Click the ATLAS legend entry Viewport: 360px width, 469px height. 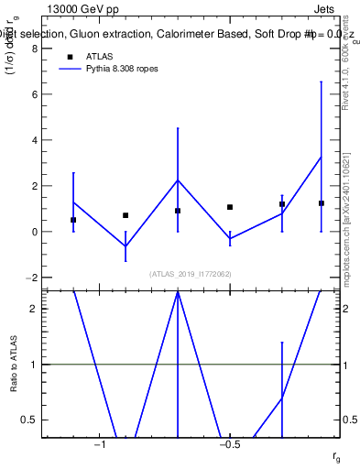pyautogui.click(x=99, y=56)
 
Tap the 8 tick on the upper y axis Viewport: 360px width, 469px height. pyautogui.click(x=34, y=49)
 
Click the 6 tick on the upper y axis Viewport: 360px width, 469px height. pyautogui.click(x=34, y=94)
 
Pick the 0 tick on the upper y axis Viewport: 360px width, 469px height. pyautogui.click(x=34, y=232)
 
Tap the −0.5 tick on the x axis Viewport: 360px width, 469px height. pyautogui.click(x=229, y=444)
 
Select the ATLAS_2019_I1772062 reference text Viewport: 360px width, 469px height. pyautogui.click(x=191, y=273)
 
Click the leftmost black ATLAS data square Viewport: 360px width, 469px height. pyautogui.click(x=73, y=220)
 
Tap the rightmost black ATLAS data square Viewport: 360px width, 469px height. pyautogui.click(x=322, y=203)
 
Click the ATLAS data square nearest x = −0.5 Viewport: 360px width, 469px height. pyautogui.click(x=230, y=207)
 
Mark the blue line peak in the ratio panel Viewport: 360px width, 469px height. pyautogui.click(x=178, y=292)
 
